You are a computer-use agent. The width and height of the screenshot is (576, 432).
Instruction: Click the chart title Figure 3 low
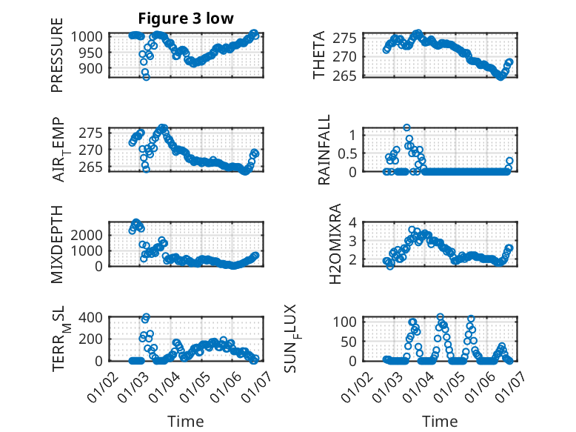click(x=186, y=19)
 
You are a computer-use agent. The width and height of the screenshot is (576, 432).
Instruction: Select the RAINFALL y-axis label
click(x=324, y=150)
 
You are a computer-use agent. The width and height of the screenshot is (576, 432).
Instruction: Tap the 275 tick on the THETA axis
click(x=350, y=38)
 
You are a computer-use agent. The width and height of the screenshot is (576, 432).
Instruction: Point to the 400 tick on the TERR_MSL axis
click(x=92, y=317)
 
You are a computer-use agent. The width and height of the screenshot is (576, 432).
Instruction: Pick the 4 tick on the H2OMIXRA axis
click(x=355, y=222)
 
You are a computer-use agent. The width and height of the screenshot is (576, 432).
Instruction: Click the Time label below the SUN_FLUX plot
click(x=440, y=421)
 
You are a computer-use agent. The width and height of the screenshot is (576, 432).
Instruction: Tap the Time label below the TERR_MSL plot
click(x=185, y=421)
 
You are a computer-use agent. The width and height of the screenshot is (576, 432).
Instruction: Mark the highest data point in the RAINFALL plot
click(x=406, y=128)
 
